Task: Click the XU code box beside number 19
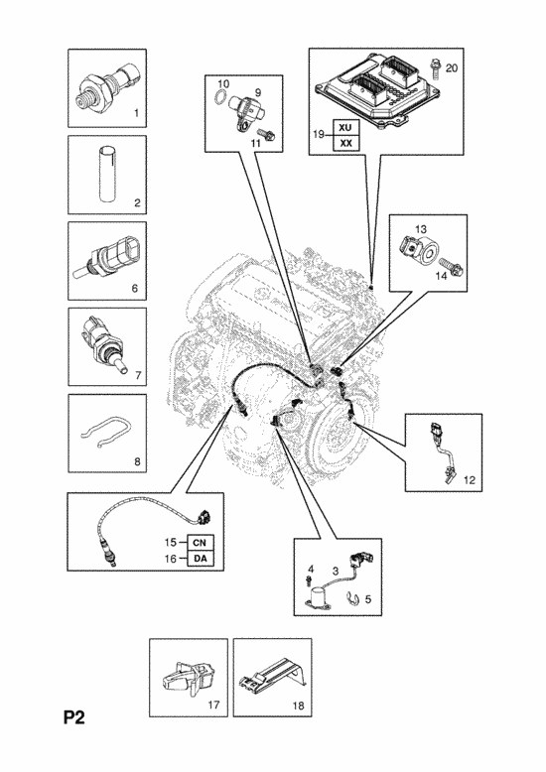[345, 128]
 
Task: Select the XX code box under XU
[345, 143]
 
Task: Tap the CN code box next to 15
[200, 543]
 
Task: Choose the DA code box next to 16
[200, 559]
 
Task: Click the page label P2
[73, 716]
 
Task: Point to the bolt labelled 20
[436, 68]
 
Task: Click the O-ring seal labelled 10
[222, 97]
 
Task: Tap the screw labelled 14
[450, 266]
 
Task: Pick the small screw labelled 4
[310, 579]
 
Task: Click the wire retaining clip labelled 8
[105, 431]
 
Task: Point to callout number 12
[470, 480]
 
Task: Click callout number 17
[213, 706]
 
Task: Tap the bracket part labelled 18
[273, 674]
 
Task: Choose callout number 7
[138, 376]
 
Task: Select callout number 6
[135, 289]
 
